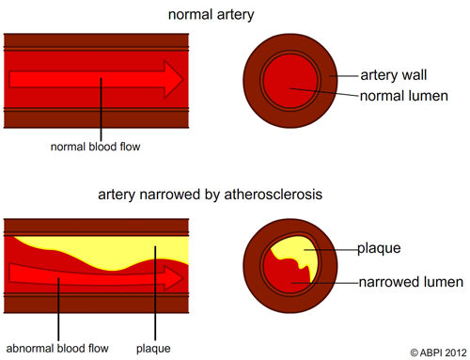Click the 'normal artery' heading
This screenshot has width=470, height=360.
click(211, 15)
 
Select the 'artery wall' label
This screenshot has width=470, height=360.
click(394, 73)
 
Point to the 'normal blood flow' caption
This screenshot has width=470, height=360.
click(99, 146)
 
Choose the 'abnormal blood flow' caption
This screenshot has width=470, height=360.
click(57, 348)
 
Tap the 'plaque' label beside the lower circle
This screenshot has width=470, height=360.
click(379, 249)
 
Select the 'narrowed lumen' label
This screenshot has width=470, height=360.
click(410, 281)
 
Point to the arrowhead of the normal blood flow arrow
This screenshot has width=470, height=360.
click(173, 79)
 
